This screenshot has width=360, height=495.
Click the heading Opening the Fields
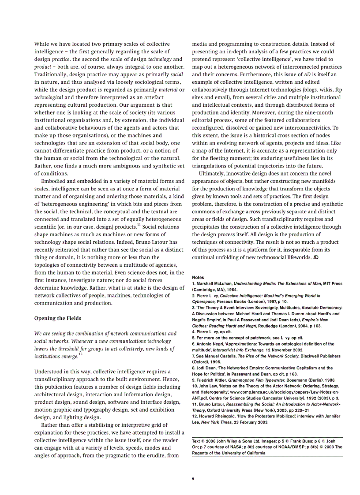pyautogui.click(x=57, y=318)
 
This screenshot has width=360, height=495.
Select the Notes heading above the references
pyautogui.click(x=198, y=277)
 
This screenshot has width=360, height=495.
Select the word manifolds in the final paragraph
pyautogui.click(x=322, y=181)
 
